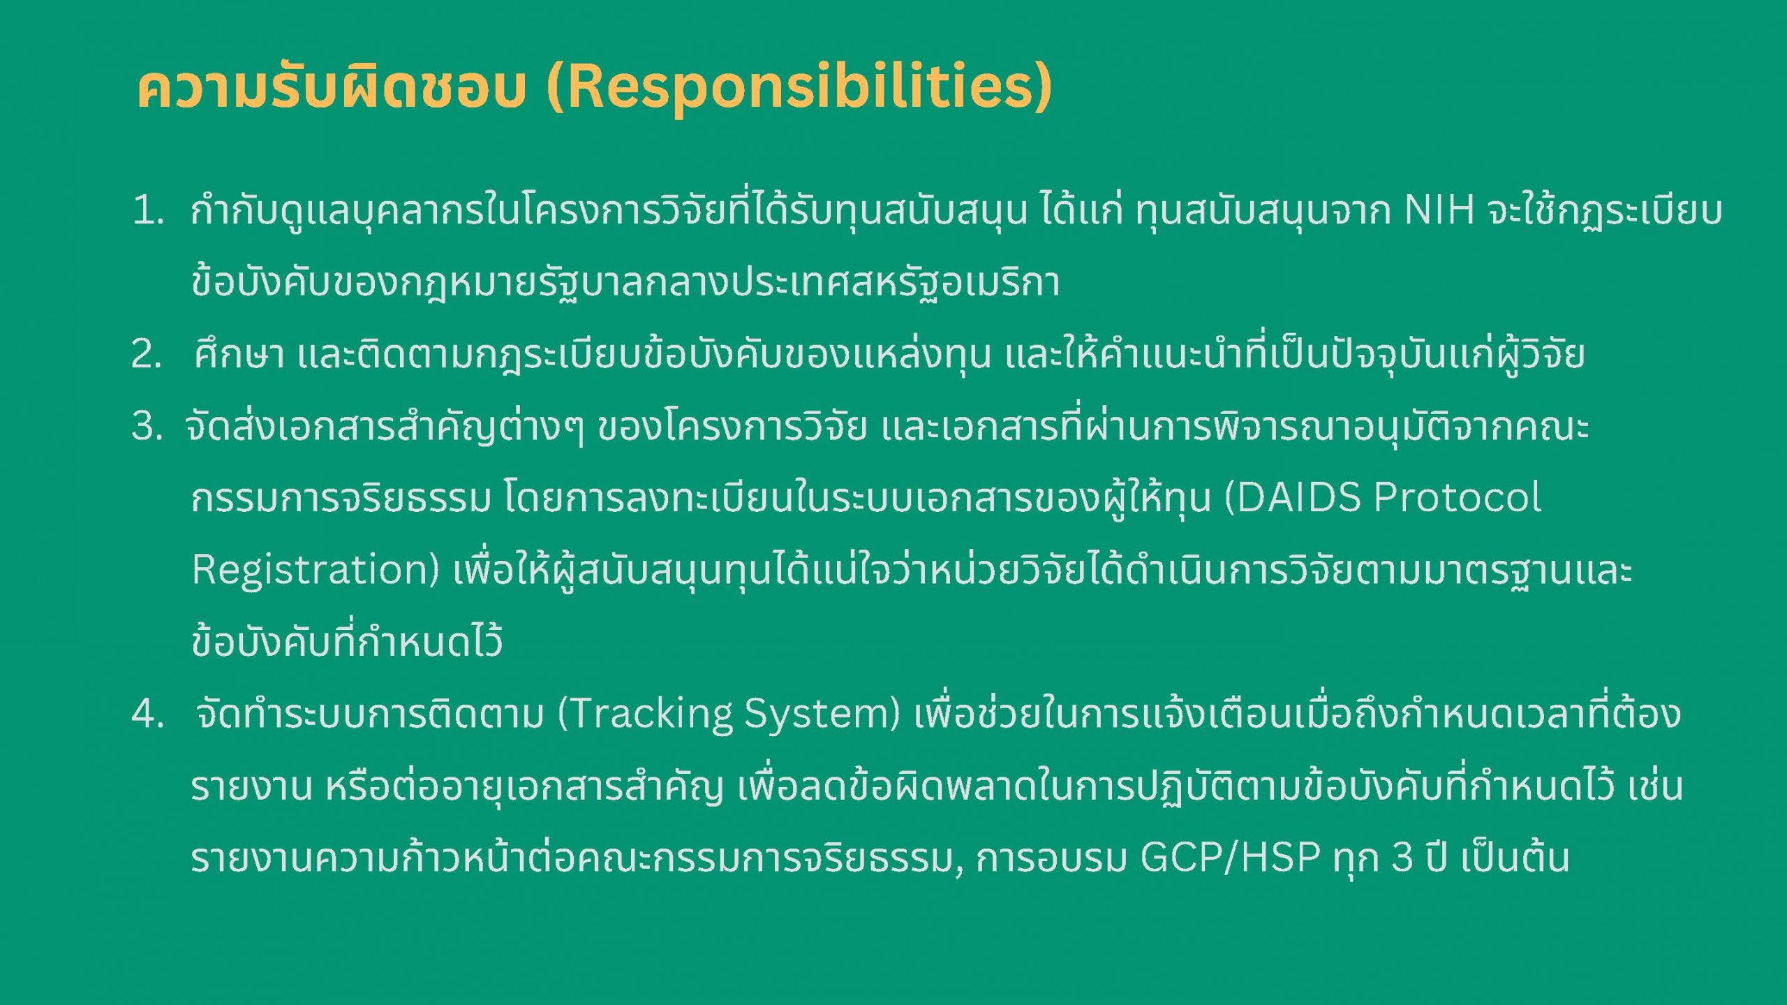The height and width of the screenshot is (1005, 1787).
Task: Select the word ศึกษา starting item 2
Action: (239, 353)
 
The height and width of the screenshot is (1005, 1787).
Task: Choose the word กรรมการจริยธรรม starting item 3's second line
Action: (342, 498)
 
